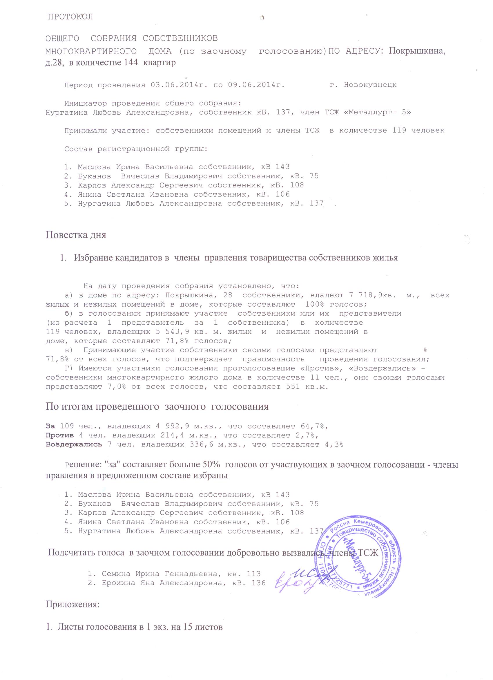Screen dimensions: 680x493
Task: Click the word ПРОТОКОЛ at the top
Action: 71,17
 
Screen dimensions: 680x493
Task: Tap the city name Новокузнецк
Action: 370,85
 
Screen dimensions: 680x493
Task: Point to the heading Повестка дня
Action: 76,234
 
